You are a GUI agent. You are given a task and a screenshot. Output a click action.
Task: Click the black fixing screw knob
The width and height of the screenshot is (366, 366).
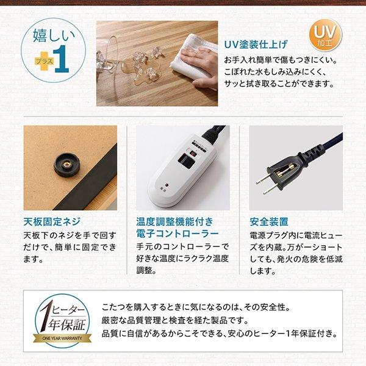(66, 164)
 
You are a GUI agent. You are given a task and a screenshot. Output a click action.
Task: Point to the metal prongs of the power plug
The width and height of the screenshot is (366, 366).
(264, 183)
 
